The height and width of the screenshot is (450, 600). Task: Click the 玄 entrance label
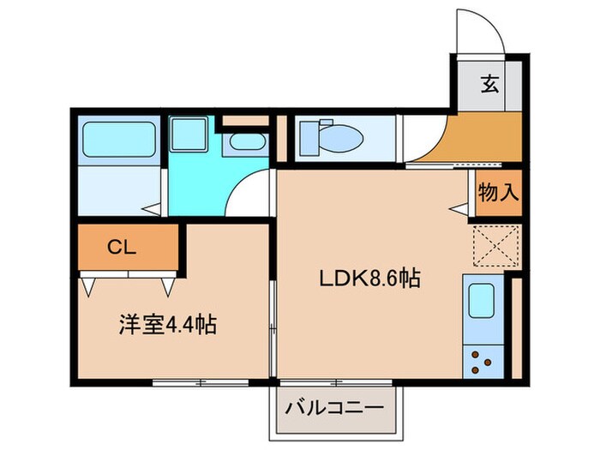pos(489,84)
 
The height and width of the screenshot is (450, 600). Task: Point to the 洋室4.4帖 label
pos(166,325)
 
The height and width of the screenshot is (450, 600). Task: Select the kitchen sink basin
pos(483,301)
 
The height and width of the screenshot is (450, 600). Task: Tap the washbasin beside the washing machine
pos(247,143)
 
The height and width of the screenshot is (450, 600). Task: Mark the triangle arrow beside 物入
pos(459,207)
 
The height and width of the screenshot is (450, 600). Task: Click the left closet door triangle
pos(88,285)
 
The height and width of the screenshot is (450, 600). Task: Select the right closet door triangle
pos(169,285)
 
